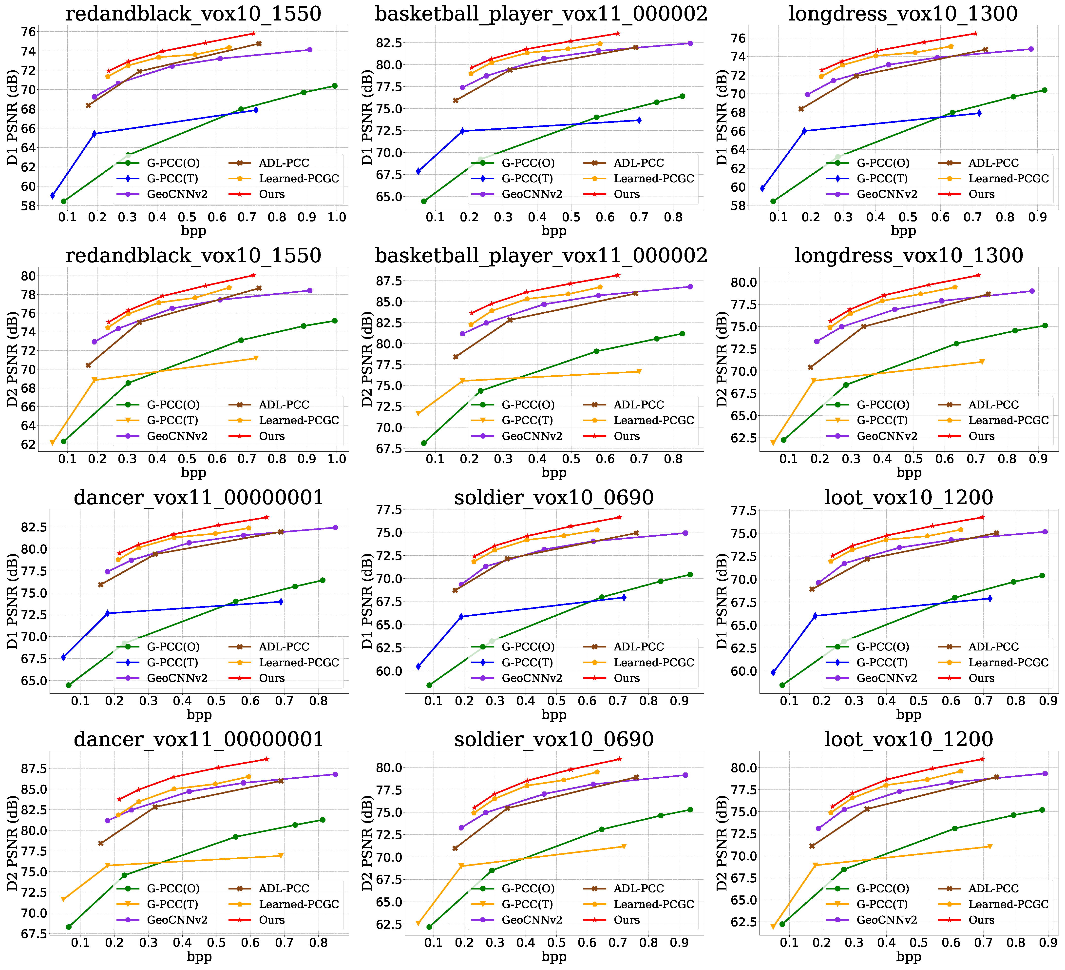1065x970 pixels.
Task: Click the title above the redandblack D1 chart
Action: pos(193,13)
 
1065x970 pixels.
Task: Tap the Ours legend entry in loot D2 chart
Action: pos(981,920)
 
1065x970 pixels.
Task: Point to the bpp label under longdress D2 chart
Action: pos(909,472)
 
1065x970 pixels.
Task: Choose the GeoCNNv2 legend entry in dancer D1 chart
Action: pos(177,678)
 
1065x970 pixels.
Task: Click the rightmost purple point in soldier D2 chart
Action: pos(685,775)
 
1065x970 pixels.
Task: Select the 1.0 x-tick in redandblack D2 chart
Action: pos(337,459)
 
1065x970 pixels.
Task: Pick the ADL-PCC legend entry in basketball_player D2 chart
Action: pos(638,405)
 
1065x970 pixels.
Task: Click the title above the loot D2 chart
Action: pos(909,739)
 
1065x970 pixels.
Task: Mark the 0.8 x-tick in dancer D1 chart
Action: pos(318,701)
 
